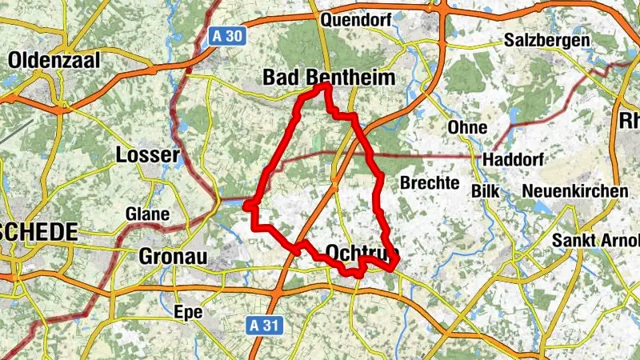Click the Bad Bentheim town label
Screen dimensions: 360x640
pos(330,78)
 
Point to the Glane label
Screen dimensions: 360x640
pos(147,214)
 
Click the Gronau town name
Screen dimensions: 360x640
pos(173,257)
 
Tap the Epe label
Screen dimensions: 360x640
pos(188,311)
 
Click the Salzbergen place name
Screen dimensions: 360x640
pos(546,40)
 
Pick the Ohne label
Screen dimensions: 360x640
pos(467,128)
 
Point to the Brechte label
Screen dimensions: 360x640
pos(429,182)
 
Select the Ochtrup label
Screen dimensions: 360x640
pos(362,251)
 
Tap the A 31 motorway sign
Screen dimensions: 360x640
pos(255,324)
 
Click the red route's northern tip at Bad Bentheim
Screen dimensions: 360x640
pos(326,85)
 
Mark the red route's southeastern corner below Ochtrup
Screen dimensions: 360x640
pos(394,269)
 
